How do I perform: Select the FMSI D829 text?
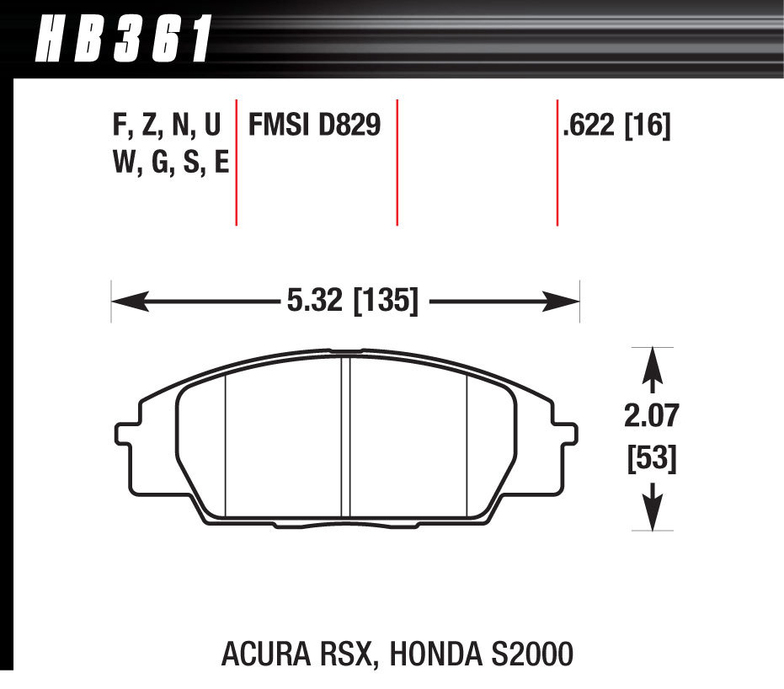pyautogui.click(x=313, y=126)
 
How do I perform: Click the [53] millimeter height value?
pyautogui.click(x=651, y=459)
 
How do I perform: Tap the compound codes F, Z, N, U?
pyautogui.click(x=166, y=126)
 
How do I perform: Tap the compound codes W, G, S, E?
pyautogui.click(x=169, y=161)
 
